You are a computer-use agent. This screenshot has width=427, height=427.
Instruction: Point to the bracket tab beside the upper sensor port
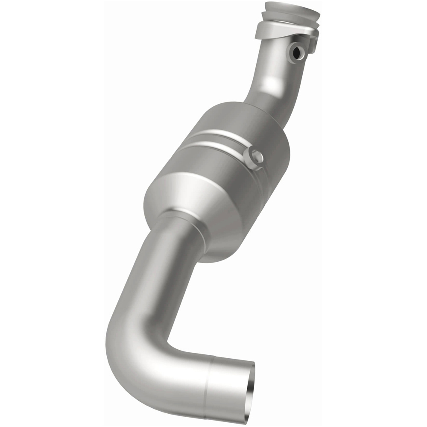[x=312, y=43]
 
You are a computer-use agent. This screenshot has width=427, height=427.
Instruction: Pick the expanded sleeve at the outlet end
[x=226, y=384]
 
